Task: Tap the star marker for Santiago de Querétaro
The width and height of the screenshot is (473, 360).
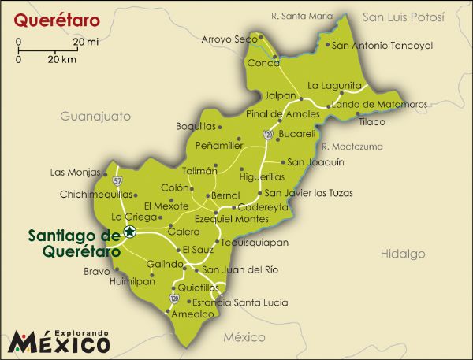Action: pyautogui.click(x=129, y=232)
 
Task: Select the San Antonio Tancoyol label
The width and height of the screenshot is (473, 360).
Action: pyautogui.click(x=382, y=46)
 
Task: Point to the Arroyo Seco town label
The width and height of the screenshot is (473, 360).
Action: pyautogui.click(x=229, y=39)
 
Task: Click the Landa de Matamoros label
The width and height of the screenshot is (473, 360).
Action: pyautogui.click(x=380, y=104)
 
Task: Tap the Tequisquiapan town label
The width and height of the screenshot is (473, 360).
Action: pyautogui.click(x=255, y=243)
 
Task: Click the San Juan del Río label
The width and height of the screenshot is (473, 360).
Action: pyautogui.click(x=240, y=269)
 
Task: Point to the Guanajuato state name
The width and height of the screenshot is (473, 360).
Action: pyautogui.click(x=95, y=116)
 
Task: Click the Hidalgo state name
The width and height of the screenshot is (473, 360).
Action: pyautogui.click(x=403, y=254)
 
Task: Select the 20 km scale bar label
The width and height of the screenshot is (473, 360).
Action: pyautogui.click(x=61, y=59)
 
